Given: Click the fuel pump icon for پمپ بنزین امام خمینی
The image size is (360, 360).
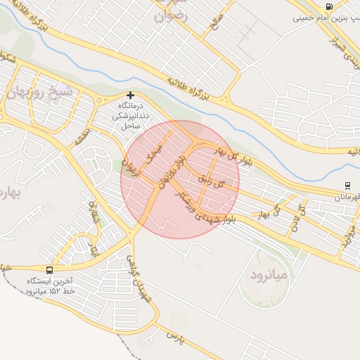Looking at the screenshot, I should coord(329,6).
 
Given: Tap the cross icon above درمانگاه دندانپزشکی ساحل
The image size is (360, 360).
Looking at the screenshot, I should coord(130,95).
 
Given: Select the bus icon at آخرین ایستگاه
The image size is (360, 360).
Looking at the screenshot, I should coord(49,270).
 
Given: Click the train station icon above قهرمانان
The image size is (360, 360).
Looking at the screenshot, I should coord(347,186).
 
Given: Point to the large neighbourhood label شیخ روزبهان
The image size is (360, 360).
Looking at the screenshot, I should coord(39,92).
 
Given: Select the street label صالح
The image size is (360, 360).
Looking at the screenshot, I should coord(216,25).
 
